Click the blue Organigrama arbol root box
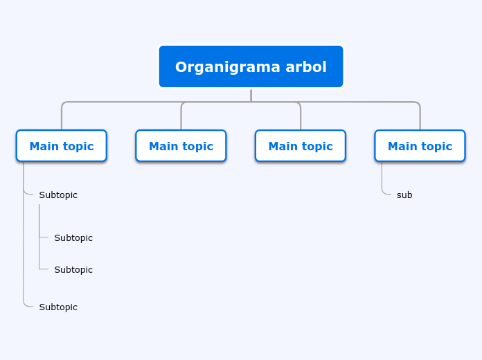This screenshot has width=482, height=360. [251, 66]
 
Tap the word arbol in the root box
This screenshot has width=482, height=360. [306, 66]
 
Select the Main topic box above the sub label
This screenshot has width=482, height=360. [420, 145]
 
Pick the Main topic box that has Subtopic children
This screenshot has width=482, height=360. [62, 145]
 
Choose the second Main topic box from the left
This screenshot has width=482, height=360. [181, 145]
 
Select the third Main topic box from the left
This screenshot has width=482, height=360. [301, 145]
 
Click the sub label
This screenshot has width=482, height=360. [404, 195]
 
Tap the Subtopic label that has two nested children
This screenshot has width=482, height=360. [58, 195]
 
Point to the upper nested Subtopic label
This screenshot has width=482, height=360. [73, 238]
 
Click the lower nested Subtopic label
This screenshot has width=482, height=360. [73, 270]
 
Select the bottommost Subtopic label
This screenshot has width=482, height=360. [58, 307]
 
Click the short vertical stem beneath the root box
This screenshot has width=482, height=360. [251, 96]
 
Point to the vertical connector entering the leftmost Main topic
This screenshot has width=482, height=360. [62, 117]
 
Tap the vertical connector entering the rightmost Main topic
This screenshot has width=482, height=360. [420, 117]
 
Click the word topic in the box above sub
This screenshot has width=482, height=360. [436, 147]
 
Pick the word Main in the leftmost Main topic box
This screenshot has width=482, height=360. [44, 146]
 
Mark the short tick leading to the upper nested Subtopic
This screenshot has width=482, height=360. [44, 237]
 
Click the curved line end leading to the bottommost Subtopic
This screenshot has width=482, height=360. [28, 305]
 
